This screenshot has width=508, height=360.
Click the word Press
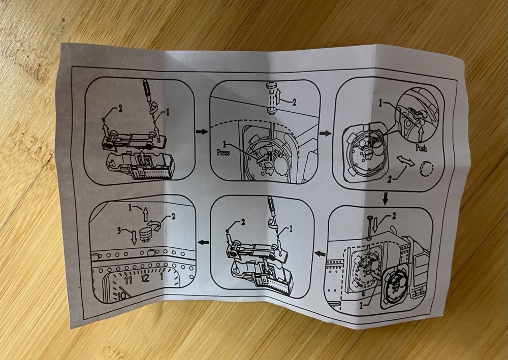(x=223, y=152)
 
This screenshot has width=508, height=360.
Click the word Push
(x=421, y=148)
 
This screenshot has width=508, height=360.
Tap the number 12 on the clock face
(x=145, y=278)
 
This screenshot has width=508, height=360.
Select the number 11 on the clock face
(x=129, y=280)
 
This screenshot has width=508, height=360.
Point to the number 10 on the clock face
(x=122, y=296)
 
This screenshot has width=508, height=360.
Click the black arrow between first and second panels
(x=202, y=132)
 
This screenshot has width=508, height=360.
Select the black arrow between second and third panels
(x=325, y=133)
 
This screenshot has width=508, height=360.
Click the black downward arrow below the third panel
(x=385, y=199)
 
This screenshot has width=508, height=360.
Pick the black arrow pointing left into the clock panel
(x=203, y=242)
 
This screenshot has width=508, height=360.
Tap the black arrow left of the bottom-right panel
(x=320, y=254)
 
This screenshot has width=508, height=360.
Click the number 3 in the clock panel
(x=119, y=231)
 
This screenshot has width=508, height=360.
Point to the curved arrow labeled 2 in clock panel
(x=155, y=224)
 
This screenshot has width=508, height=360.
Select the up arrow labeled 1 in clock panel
(x=145, y=214)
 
